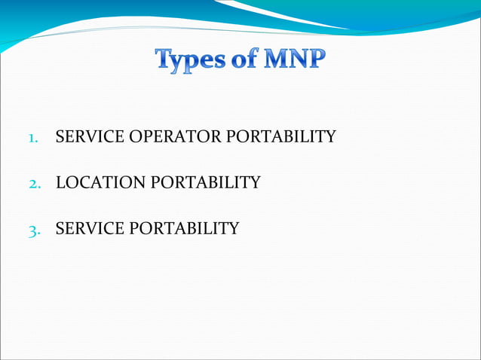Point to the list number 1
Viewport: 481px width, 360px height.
(33, 138)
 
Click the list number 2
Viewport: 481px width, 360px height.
(34, 183)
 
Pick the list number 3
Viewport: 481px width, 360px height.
(34, 229)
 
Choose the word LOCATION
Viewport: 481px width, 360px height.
(100, 182)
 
